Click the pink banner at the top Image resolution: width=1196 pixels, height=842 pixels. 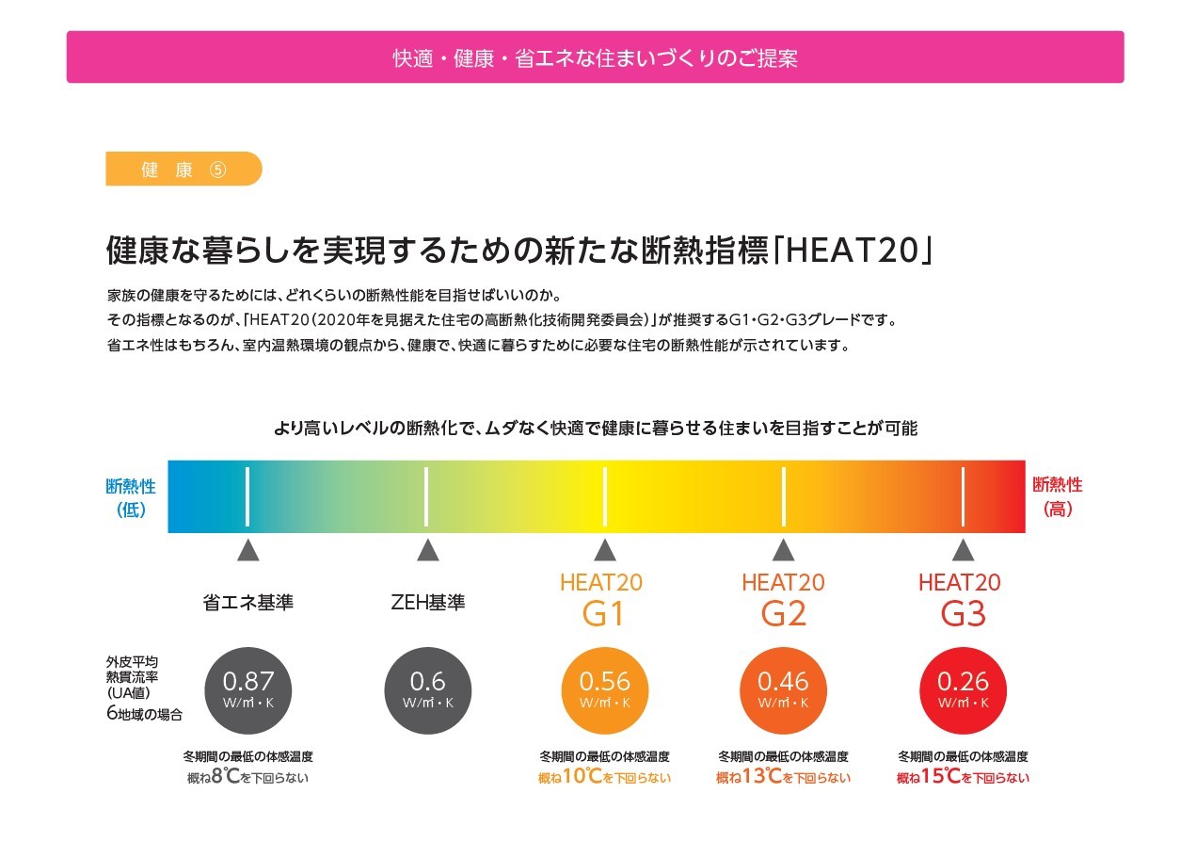pos(595,57)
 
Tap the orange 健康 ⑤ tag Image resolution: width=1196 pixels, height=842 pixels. pos(183,170)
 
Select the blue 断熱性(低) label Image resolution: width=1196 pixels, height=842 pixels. pos(131,498)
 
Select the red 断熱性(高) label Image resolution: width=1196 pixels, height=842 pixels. pos(1058,498)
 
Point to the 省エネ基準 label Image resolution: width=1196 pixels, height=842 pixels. pos(248,603)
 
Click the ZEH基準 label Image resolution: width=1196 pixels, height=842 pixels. pos(428,603)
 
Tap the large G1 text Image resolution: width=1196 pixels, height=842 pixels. pos(603,614)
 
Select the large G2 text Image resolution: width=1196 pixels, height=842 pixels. pos(783,614)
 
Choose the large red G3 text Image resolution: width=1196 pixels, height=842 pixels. pos(962,614)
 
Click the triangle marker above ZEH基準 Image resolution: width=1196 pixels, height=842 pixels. pos(428,551)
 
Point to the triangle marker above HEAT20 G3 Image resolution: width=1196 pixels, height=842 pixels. pos(962,551)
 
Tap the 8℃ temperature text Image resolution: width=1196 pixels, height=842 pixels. pos(226,777)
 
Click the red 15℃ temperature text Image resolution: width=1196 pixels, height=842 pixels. pos(939,777)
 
